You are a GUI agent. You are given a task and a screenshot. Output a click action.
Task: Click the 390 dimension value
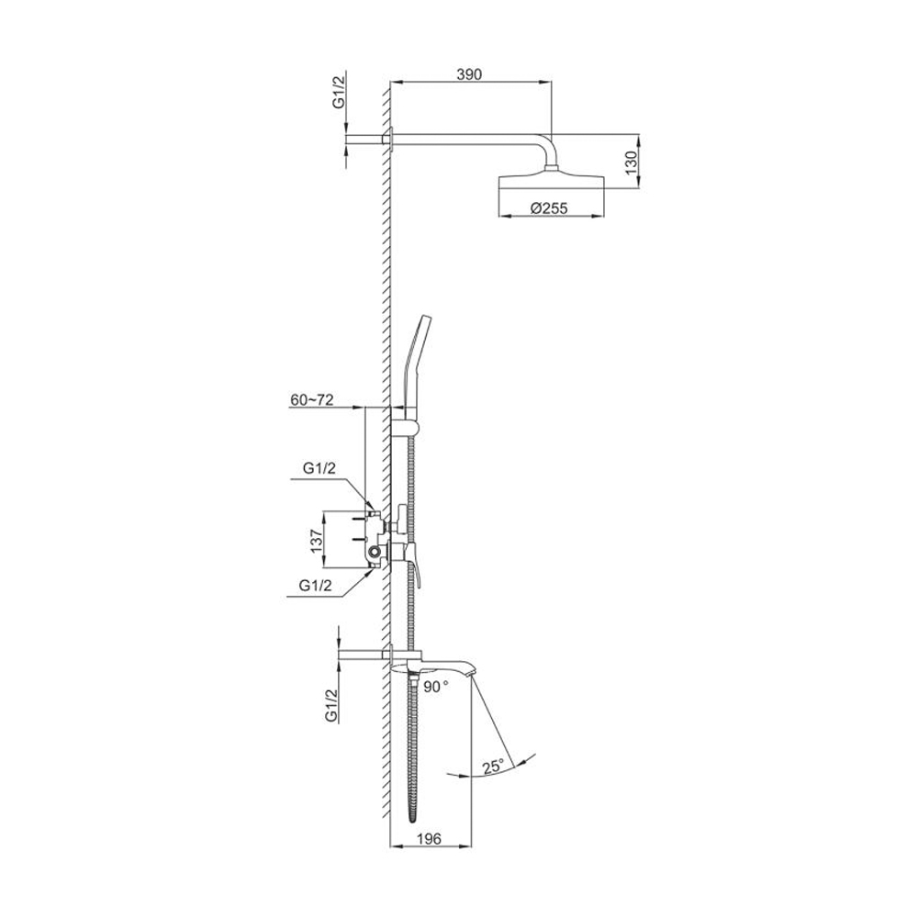click(x=469, y=73)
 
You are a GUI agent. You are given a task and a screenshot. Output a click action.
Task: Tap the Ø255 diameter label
click(x=549, y=207)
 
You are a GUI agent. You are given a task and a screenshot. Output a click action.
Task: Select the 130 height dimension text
click(x=630, y=162)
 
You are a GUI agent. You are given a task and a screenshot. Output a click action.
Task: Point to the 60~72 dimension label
click(x=311, y=400)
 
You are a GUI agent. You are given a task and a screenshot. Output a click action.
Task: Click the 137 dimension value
click(x=317, y=541)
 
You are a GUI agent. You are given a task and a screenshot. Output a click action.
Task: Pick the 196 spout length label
click(x=429, y=838)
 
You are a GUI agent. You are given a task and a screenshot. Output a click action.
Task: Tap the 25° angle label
click(x=492, y=766)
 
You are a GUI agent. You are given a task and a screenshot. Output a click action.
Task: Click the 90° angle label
click(x=436, y=687)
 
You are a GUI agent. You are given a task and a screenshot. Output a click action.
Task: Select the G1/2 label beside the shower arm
click(x=338, y=94)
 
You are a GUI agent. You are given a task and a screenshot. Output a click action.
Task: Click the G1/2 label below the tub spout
click(x=331, y=705)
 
